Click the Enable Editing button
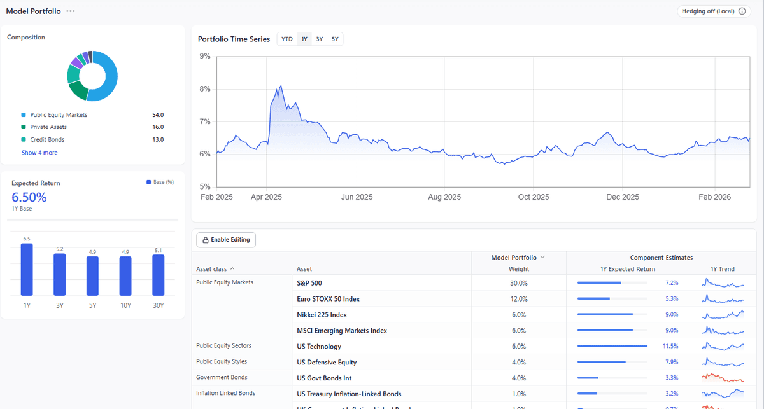[226, 240]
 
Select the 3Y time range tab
[320, 39]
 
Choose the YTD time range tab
[287, 39]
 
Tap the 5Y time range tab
[335, 39]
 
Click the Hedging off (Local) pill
[714, 11]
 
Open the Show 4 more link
[39, 153]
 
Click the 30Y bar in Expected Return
[158, 275]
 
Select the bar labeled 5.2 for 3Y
[59, 274]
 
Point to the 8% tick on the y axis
[205, 89]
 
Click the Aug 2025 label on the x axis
[444, 197]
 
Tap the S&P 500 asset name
[309, 283]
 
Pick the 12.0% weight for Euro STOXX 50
[518, 299]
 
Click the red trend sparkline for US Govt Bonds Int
[722, 378]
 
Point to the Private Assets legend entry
[48, 127]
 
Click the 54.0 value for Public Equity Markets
[157, 115]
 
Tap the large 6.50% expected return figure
[29, 197]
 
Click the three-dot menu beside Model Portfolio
[71, 11]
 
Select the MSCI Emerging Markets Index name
[342, 331]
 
